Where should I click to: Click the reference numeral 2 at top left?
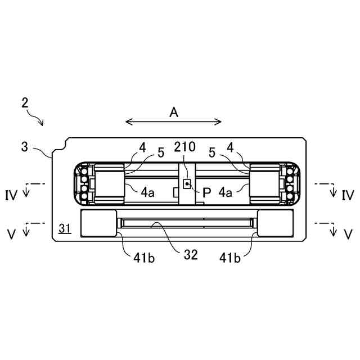point(25,102)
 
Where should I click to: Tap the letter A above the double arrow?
point(174,112)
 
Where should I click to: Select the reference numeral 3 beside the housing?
point(24,147)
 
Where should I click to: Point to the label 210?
point(184,148)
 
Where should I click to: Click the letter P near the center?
point(206,191)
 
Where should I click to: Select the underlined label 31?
point(65,228)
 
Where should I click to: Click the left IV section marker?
point(12,195)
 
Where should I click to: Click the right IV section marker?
point(348,195)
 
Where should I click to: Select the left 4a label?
point(148,192)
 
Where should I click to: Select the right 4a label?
point(226,192)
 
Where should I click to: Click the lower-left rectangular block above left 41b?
point(99,223)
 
